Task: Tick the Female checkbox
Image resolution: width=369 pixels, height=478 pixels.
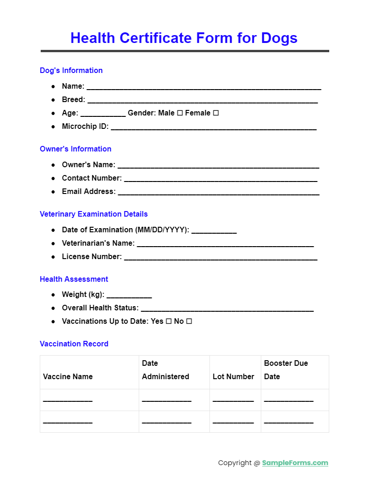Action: click(x=215, y=113)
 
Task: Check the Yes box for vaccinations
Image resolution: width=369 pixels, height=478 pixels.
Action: click(x=169, y=321)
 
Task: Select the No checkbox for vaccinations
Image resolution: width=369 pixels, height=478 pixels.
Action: click(x=189, y=321)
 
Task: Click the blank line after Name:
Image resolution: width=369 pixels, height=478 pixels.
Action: click(x=203, y=87)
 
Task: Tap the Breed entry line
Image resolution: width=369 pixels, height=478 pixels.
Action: click(x=203, y=100)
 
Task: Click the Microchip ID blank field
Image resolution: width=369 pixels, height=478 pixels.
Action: click(x=214, y=127)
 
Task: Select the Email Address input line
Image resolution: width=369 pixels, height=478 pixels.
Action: click(x=218, y=192)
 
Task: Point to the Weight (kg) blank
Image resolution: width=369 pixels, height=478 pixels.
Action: click(x=129, y=295)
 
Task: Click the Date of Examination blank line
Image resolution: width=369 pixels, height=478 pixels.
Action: click(x=214, y=230)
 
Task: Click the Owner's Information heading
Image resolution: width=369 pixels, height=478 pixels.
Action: click(x=75, y=149)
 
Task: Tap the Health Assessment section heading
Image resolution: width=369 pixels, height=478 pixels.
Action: click(x=74, y=279)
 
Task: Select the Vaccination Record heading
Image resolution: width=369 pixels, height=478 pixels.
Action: click(x=74, y=344)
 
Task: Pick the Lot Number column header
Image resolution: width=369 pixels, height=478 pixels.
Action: click(x=233, y=376)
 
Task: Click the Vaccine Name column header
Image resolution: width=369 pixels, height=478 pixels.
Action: click(x=68, y=376)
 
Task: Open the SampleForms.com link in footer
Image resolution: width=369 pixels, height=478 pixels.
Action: click(x=295, y=463)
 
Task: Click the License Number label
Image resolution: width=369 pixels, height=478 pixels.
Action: click(x=92, y=256)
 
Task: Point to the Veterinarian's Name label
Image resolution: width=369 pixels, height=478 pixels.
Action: click(x=98, y=243)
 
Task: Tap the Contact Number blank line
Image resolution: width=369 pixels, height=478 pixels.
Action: click(x=221, y=179)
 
